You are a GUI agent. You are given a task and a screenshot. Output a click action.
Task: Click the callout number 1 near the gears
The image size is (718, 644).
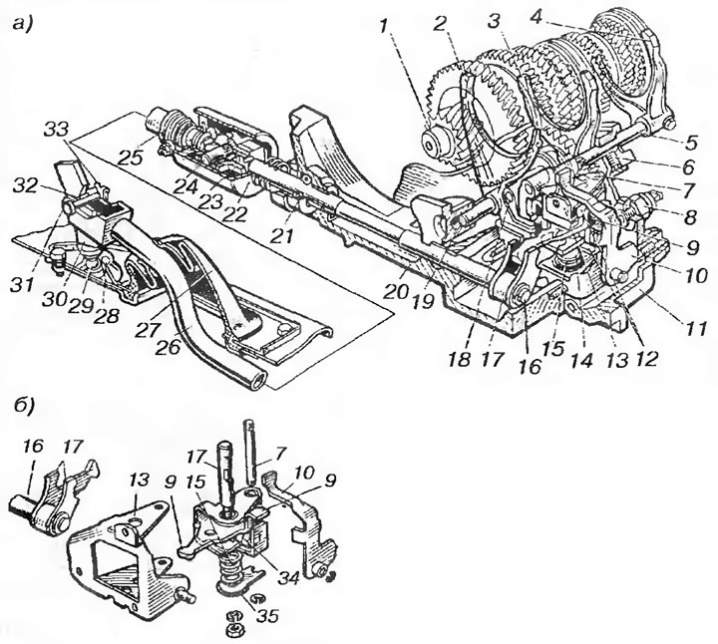click(383, 26)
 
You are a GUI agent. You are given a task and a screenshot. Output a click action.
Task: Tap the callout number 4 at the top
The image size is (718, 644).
click(538, 17)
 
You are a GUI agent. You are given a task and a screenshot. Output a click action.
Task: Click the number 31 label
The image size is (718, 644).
click(23, 285)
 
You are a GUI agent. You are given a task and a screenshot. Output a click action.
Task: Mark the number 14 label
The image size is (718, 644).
click(584, 361)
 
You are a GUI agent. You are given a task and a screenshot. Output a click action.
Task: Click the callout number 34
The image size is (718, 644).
click(287, 578)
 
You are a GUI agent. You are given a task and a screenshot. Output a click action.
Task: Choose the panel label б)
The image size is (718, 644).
click(22, 405)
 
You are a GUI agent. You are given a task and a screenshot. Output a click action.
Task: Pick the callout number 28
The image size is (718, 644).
click(106, 315)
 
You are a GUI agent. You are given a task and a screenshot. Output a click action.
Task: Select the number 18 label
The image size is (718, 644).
click(460, 359)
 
